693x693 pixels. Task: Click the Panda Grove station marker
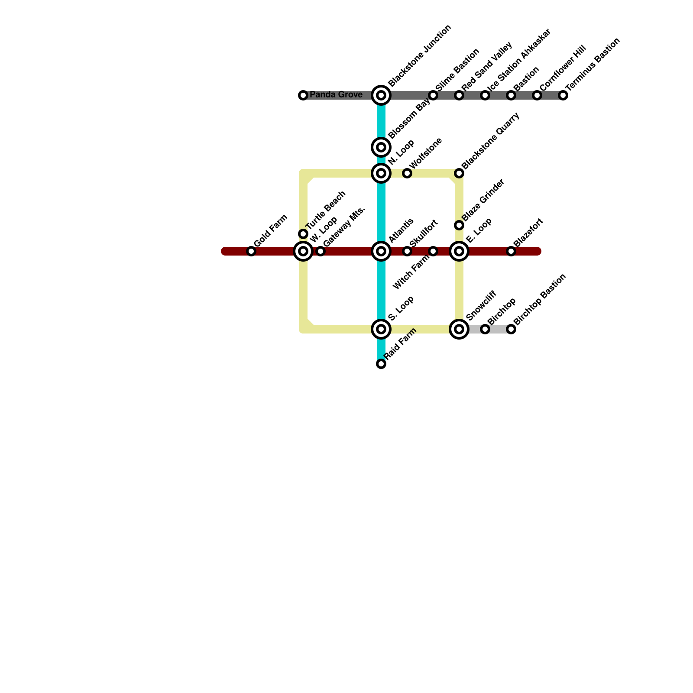[x=303, y=95]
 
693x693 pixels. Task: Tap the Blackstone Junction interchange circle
[x=381, y=95]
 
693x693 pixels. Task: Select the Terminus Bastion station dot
[x=563, y=95]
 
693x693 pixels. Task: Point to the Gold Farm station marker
[x=251, y=251]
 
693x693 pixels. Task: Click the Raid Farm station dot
[x=381, y=364]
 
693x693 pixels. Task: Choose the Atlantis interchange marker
[x=381, y=251]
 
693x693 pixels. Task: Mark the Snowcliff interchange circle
[x=459, y=329]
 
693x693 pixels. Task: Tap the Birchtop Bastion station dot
[x=511, y=329]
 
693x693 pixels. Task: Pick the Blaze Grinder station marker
[x=459, y=225]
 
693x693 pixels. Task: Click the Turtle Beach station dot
[x=303, y=234]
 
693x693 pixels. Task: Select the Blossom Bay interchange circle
[x=381, y=147]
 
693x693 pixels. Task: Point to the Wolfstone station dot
[x=407, y=173]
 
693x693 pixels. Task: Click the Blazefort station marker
[x=511, y=251]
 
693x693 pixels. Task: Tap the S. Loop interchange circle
[x=381, y=329]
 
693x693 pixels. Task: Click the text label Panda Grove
[x=336, y=95]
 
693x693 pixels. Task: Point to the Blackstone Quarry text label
[x=490, y=141]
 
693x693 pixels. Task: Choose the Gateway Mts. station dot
[x=321, y=251]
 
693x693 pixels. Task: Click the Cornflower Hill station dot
[x=537, y=95]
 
